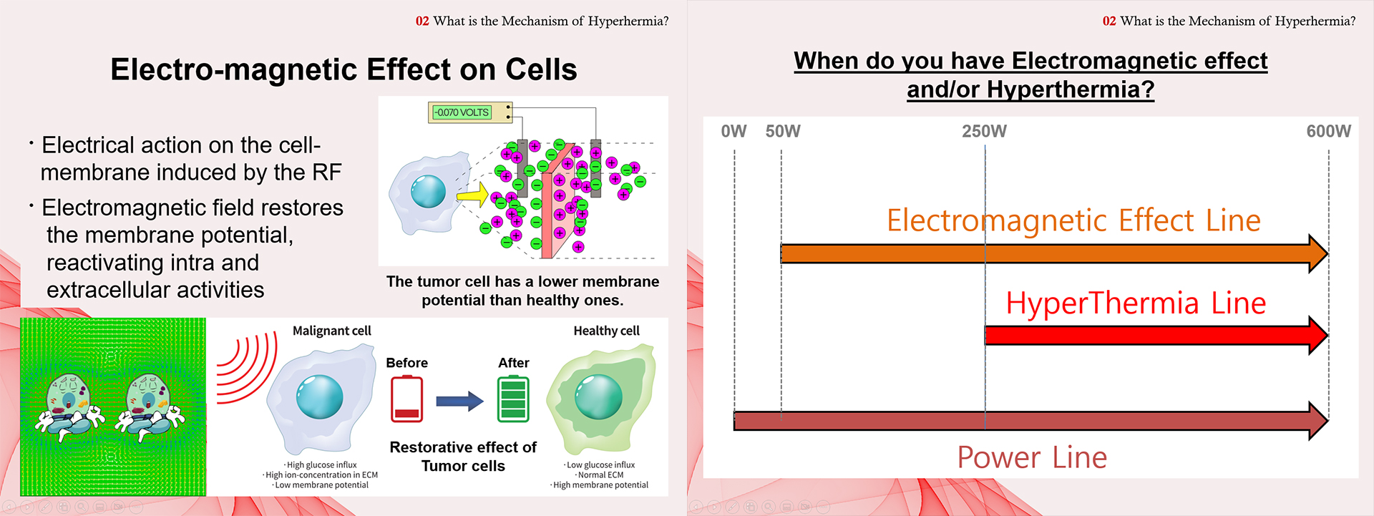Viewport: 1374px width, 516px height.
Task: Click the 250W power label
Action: tap(984, 131)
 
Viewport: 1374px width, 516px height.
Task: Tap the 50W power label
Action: tap(783, 131)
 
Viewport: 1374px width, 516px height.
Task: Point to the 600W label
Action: tap(1329, 131)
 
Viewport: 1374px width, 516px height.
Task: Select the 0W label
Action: tap(734, 131)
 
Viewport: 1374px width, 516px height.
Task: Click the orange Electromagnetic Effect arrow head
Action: tap(1318, 253)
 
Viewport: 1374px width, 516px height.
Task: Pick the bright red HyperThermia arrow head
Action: tap(1318, 335)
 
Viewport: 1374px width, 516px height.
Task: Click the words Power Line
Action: tap(1032, 457)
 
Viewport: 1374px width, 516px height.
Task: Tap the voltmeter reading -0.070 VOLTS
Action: tap(462, 112)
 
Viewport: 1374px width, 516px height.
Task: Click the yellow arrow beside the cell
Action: tap(472, 194)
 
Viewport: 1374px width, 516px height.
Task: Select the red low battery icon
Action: tap(406, 399)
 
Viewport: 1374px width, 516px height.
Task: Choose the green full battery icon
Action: tap(513, 399)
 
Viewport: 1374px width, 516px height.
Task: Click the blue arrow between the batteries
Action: tap(460, 401)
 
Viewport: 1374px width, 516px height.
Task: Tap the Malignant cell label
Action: tap(332, 331)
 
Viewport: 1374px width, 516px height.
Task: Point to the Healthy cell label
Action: tap(607, 331)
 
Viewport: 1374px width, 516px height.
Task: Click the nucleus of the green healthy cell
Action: tap(599, 396)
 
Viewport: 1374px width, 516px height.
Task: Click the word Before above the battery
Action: tap(406, 363)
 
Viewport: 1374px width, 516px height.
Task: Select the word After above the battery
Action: tap(514, 363)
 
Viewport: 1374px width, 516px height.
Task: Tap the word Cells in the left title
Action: tap(541, 69)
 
